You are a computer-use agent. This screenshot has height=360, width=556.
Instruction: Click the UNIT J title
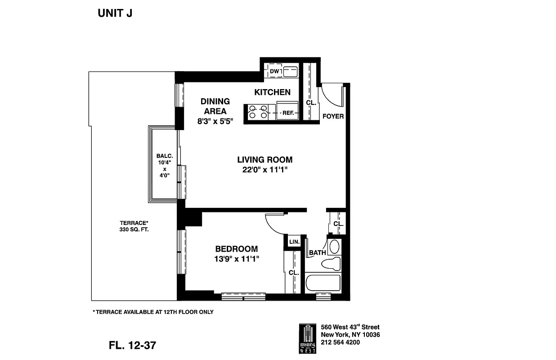click(x=115, y=13)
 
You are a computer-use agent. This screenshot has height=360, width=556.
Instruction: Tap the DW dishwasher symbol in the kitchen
click(x=274, y=72)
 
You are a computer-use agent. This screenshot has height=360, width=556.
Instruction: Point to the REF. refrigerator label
click(x=288, y=113)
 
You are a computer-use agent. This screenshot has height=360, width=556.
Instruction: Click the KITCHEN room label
click(x=272, y=92)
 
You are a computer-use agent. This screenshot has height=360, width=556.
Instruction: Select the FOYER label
click(x=333, y=116)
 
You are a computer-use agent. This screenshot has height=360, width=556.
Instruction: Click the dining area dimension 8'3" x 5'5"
click(x=215, y=121)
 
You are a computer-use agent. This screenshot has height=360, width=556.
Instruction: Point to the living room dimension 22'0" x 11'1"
click(x=265, y=170)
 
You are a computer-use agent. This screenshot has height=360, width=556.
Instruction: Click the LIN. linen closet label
click(x=294, y=242)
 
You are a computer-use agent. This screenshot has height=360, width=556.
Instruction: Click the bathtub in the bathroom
click(x=323, y=283)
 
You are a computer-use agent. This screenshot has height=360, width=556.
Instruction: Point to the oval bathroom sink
click(x=334, y=247)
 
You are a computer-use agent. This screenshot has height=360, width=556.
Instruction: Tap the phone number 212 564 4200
click(x=340, y=342)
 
